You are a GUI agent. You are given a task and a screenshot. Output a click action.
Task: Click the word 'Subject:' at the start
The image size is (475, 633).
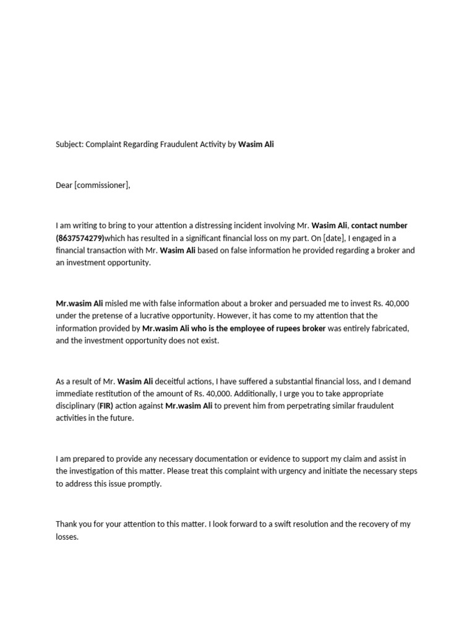69,145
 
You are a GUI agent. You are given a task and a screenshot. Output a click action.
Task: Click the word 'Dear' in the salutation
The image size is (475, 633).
64,185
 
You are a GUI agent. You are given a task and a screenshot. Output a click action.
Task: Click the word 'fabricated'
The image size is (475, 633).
388,328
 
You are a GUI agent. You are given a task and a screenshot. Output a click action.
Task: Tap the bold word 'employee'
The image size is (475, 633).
252,328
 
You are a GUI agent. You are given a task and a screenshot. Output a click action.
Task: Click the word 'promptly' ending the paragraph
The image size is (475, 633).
144,484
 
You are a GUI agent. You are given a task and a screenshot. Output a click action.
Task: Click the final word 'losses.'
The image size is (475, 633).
67,537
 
